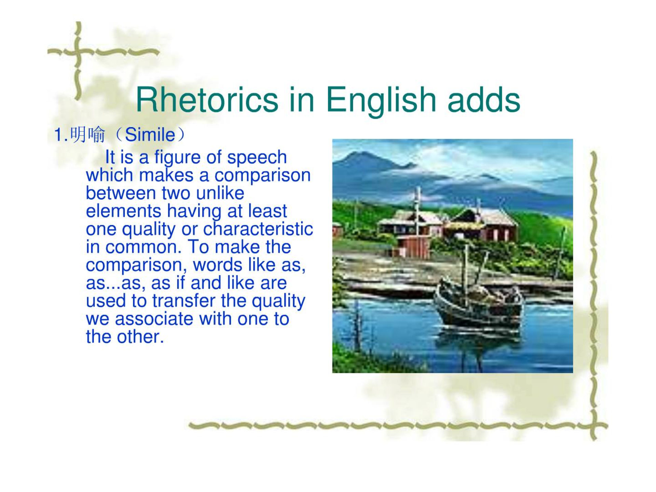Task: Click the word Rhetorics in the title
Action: (207, 99)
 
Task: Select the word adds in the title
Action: (483, 99)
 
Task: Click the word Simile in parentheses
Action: (150, 135)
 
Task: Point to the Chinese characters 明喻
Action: (88, 135)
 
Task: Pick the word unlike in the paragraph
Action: (220, 193)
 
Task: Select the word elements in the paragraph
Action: (123, 211)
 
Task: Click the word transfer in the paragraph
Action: (184, 301)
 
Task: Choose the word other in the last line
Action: (140, 337)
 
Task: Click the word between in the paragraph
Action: (121, 193)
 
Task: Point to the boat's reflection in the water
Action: (478, 342)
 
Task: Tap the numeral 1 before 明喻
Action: (58, 135)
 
